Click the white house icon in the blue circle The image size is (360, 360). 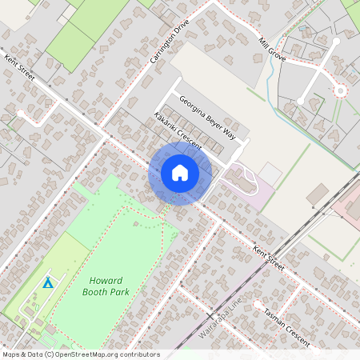tap(180, 173)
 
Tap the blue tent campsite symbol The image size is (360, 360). tap(48, 282)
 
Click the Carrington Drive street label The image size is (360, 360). tap(168, 44)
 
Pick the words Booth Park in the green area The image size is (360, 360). tap(106, 293)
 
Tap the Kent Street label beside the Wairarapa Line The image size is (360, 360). tap(268, 258)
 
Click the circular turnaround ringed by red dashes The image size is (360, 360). tap(340, 91)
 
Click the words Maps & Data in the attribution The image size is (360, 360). tap(22, 354)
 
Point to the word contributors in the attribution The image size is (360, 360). tap(141, 354)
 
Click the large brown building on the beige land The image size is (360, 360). tap(317, 194)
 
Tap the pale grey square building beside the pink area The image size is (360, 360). tap(270, 173)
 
